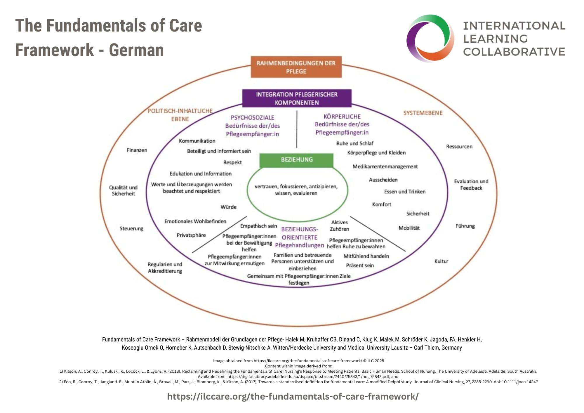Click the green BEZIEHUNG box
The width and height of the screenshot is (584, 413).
coord(296,160)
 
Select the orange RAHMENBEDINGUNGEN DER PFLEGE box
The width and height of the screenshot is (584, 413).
coord(296,67)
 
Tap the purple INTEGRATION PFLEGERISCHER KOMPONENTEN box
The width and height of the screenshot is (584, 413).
coord(297,98)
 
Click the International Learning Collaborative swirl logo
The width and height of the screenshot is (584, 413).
coord(430,38)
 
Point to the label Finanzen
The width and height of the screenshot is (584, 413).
coord(137,150)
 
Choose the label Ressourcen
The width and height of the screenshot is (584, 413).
coord(459,147)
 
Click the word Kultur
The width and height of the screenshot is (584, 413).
coord(441,261)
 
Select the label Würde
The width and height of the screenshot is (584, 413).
coord(228,207)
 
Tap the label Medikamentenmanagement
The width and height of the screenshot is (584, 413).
coord(385,166)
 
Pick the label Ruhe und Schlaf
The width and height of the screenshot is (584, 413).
coord(354,143)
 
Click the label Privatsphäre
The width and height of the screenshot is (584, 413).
coord(191,235)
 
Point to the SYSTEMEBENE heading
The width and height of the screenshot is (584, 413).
coord(423,113)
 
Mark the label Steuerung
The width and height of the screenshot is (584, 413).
coord(131,228)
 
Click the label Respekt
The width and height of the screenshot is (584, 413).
coord(232,162)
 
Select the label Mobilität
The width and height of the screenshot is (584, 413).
coord(409,228)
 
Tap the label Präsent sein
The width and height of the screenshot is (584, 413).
coord(360,265)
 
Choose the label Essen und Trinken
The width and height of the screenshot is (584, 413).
coord(405,192)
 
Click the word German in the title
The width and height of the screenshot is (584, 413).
coord(136,50)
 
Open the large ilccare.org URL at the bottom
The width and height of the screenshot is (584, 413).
coord(293,396)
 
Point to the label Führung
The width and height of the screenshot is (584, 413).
coord(465,226)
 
